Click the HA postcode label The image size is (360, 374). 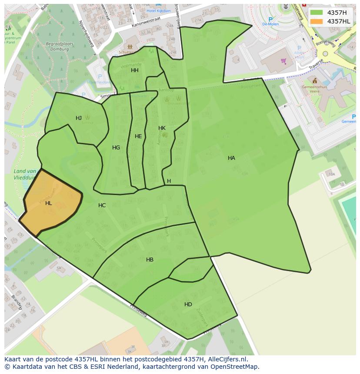[231, 158]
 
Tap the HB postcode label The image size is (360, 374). [150, 260]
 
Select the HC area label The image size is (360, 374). [102, 205]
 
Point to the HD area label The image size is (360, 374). [188, 304]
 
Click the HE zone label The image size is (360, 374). [138, 136]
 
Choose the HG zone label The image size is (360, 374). [116, 148]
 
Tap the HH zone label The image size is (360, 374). [135, 70]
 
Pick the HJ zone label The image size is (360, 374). [79, 118]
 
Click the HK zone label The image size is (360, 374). [162, 128]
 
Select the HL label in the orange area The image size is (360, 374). [48, 203]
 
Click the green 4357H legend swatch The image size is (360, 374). [317, 13]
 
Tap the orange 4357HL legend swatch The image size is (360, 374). [317, 21]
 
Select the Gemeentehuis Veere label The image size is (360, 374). [314, 89]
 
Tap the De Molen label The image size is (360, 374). [270, 24]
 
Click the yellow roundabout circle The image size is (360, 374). [325, 53]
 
